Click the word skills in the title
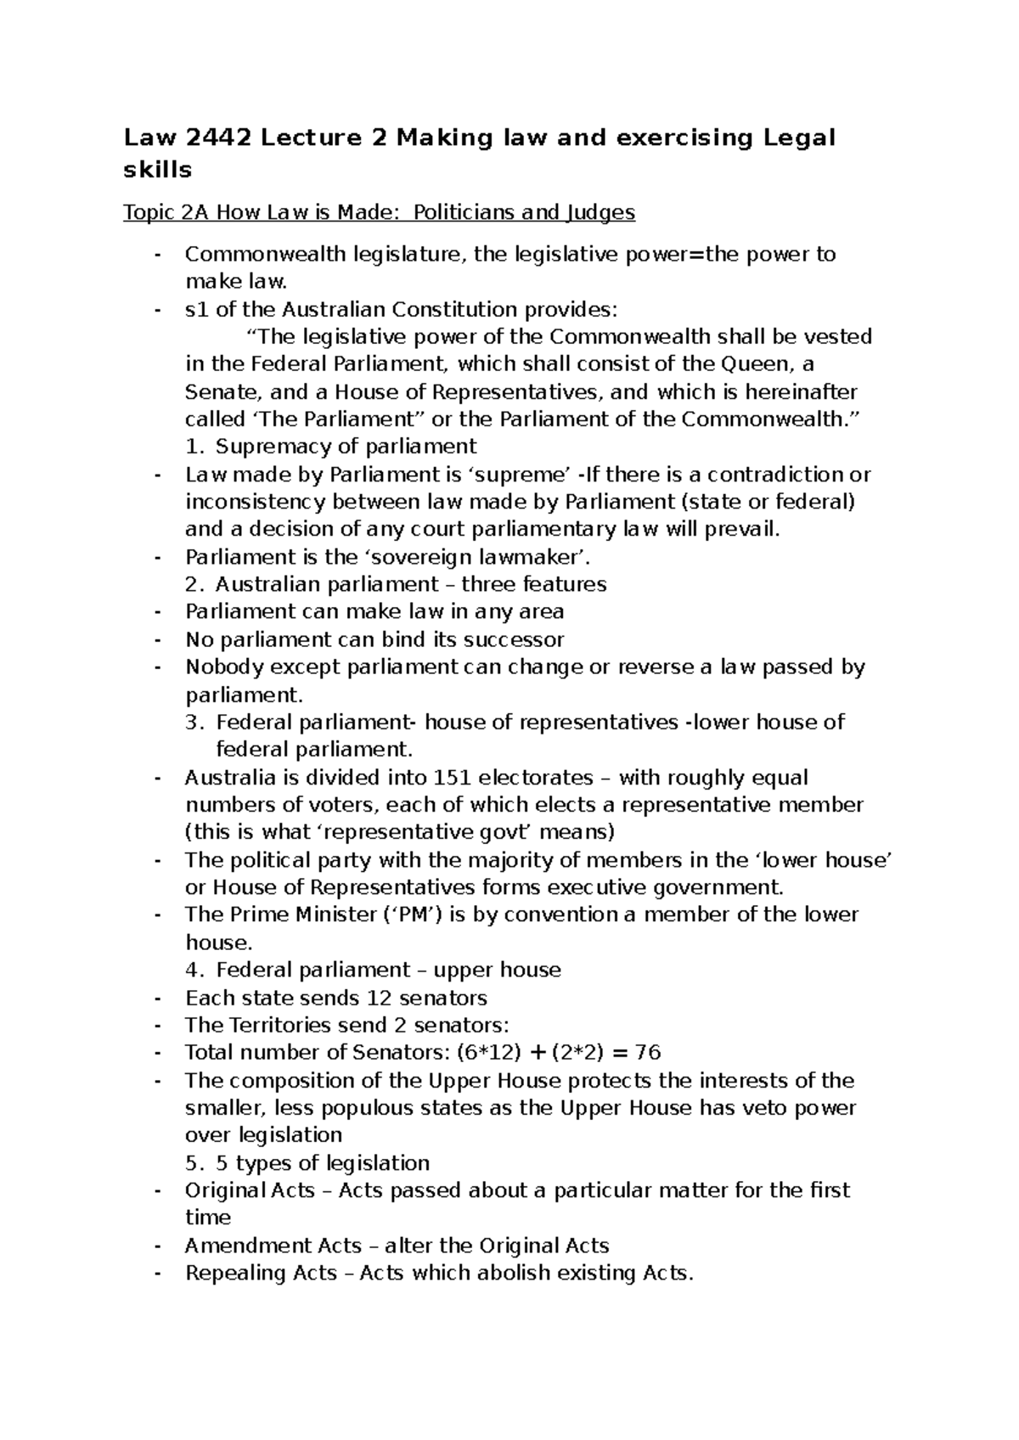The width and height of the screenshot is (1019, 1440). pyautogui.click(x=158, y=170)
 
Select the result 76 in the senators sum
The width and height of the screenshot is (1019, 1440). pyautogui.click(x=647, y=1053)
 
